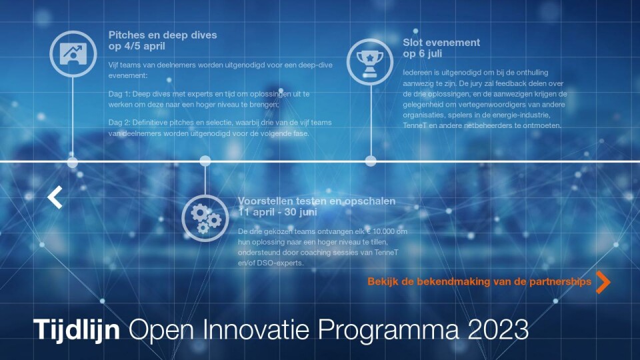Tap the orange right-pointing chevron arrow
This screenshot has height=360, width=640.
[603, 282]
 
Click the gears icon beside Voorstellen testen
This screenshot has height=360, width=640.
[205, 218]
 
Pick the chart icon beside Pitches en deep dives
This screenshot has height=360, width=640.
[73, 54]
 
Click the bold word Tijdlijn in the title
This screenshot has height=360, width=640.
[76, 329]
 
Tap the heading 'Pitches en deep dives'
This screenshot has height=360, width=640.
[163, 35]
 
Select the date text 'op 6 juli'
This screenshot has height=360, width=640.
[423, 53]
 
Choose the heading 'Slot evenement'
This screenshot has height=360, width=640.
[441, 43]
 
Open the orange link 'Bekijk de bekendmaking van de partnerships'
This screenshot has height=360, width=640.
[479, 281]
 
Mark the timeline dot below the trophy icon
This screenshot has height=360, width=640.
[371, 161]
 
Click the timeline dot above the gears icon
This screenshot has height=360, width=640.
[205, 161]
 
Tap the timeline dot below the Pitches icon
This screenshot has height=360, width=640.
[73, 163]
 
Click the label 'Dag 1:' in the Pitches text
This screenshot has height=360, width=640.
[119, 94]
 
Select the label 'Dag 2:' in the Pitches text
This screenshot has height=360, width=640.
[119, 123]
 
